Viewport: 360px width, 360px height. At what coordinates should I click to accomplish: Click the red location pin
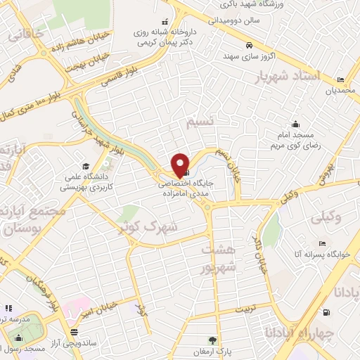tap(180, 165)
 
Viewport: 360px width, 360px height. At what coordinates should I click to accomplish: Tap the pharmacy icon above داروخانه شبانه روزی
tap(165, 22)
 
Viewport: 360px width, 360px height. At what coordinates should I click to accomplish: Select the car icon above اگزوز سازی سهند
tap(250, 46)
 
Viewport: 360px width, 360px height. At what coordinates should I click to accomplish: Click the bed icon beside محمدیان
tap(341, 79)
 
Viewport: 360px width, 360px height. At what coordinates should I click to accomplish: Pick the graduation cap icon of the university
tap(86, 167)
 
